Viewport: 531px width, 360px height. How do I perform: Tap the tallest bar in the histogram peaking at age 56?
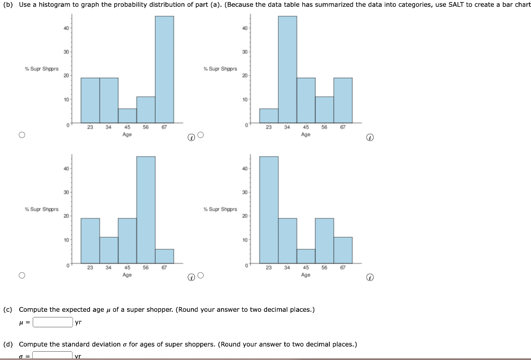pyautogui.click(x=146, y=209)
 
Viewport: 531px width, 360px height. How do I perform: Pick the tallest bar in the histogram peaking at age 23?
pyautogui.click(x=269, y=209)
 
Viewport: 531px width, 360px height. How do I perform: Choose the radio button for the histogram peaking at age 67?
pyautogui.click(x=21, y=135)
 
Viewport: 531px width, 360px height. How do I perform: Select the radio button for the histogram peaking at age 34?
pyautogui.click(x=201, y=135)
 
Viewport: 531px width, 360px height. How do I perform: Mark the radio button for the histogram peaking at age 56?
pyautogui.click(x=21, y=275)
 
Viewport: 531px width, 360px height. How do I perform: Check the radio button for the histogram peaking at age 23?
pyautogui.click(x=201, y=275)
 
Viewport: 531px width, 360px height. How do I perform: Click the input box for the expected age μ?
pyautogui.click(x=52, y=322)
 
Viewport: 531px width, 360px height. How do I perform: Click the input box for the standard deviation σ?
pyautogui.click(x=52, y=356)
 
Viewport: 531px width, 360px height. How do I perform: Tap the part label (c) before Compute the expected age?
pyautogui.click(x=8, y=310)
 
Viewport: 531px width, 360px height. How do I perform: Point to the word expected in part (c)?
pyautogui.click(x=76, y=310)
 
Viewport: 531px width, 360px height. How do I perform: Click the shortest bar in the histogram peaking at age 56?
pyautogui.click(x=164, y=256)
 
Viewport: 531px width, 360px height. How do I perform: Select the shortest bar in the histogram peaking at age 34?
pyautogui.click(x=269, y=116)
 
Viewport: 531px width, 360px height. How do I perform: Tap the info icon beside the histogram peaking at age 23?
pyautogui.click(x=369, y=278)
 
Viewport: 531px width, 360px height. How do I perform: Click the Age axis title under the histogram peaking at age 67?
pyautogui.click(x=127, y=134)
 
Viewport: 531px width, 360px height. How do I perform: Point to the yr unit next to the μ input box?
pyautogui.click(x=78, y=322)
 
